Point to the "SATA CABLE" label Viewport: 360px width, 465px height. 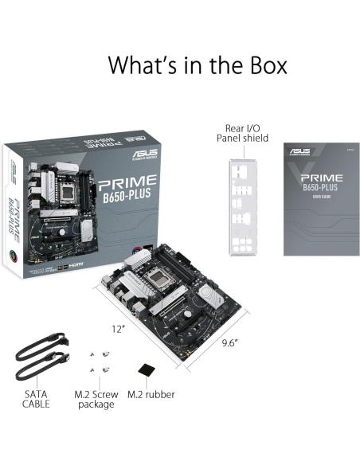36,398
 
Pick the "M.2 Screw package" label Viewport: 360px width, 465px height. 95,398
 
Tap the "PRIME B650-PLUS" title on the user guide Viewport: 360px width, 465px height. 321,182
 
